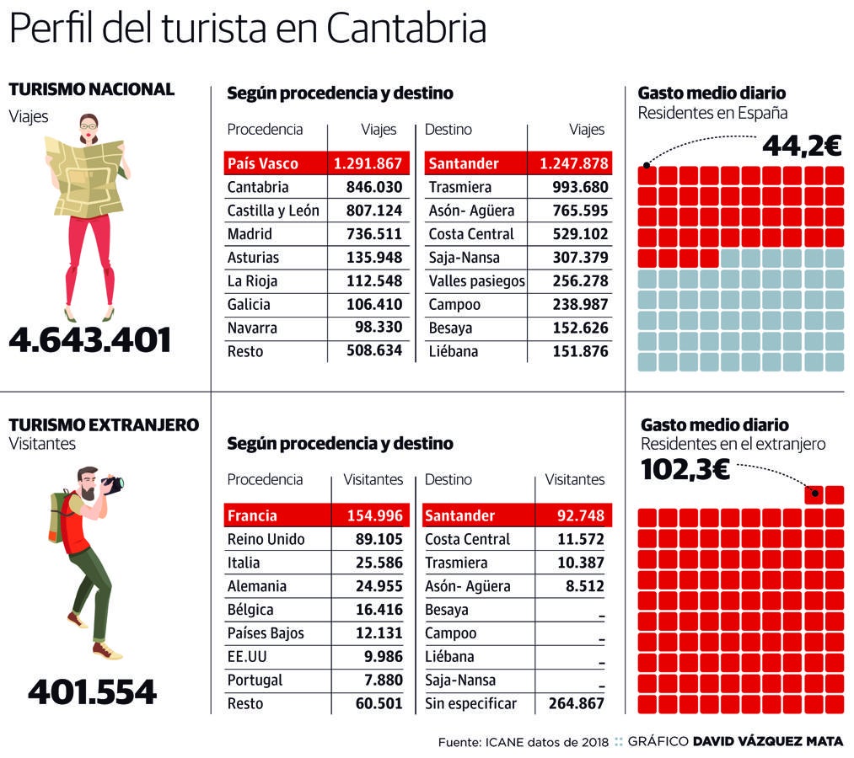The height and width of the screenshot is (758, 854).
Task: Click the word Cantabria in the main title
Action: [406, 30]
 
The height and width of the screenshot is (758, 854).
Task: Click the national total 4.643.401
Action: [90, 340]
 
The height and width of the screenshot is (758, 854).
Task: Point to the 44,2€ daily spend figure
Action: [801, 147]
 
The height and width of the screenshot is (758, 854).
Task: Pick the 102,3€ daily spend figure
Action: [685, 470]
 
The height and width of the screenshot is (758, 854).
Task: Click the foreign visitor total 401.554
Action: [92, 692]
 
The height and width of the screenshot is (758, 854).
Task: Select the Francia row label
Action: [252, 515]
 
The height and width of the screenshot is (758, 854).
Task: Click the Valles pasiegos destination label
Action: [476, 281]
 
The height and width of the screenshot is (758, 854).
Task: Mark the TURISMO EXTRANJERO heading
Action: [104, 424]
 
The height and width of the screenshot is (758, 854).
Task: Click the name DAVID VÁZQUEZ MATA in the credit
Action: [767, 742]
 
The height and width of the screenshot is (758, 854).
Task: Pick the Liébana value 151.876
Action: [579, 352]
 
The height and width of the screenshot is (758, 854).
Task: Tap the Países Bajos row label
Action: [266, 633]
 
